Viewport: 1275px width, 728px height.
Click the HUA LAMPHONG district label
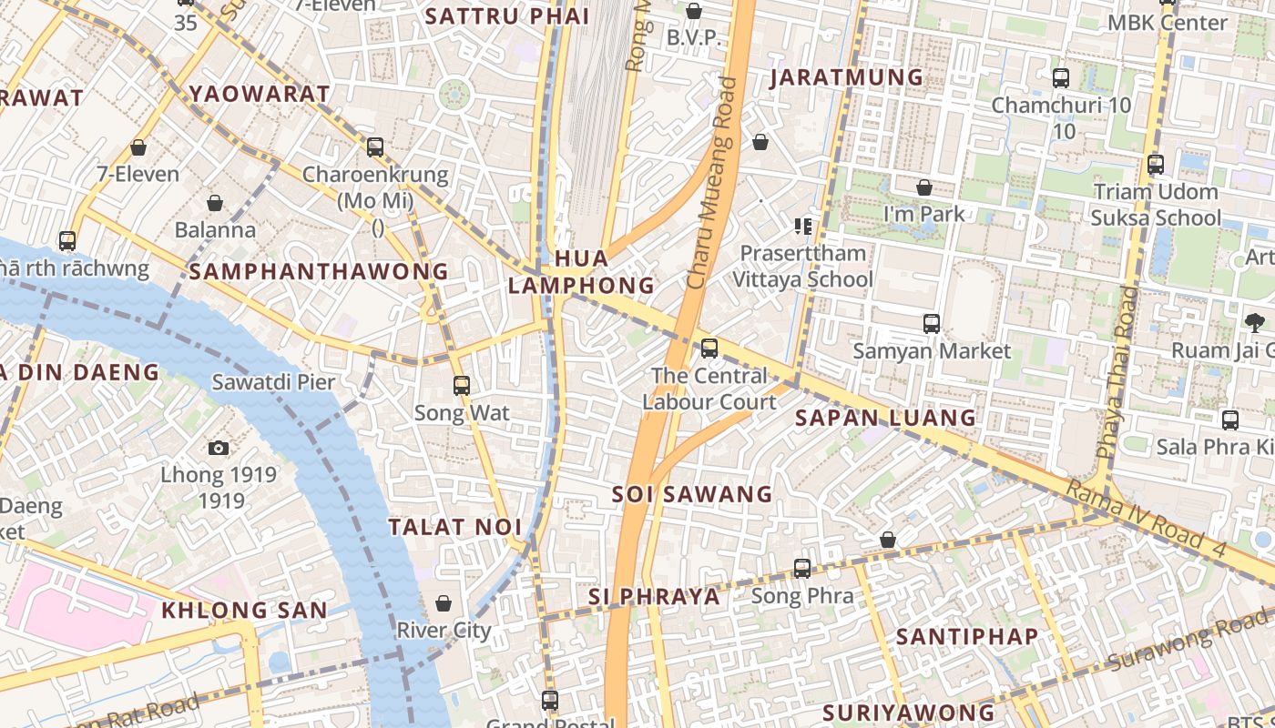[581, 271]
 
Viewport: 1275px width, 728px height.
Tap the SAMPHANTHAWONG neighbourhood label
[319, 271]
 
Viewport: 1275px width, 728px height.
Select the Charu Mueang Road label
[713, 184]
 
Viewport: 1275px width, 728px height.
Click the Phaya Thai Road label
[1117, 373]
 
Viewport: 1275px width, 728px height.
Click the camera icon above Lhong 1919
[219, 448]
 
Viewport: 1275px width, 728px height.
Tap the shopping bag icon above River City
[444, 603]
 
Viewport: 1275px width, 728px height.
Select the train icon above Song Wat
[462, 385]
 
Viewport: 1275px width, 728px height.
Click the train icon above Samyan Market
[932, 323]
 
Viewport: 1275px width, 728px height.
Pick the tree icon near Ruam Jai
[1255, 321]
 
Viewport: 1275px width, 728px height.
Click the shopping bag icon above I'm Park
[924, 187]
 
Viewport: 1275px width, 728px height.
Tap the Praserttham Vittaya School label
[806, 266]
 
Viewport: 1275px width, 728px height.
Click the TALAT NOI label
[455, 527]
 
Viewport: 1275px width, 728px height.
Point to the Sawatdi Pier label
[273, 381]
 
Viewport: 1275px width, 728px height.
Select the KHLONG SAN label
[244, 610]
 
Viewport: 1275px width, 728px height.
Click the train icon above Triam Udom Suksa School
[1156, 165]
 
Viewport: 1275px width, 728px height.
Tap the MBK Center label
[1168, 23]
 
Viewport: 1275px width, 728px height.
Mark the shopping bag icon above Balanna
[215, 202]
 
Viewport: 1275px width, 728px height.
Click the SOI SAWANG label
[692, 494]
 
